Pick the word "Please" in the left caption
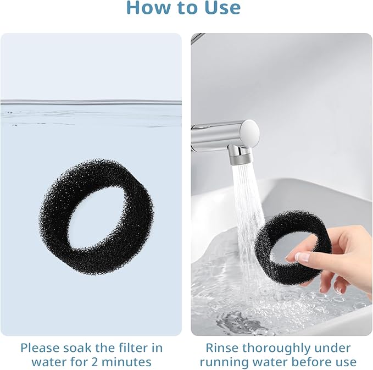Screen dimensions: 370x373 pos(40,348)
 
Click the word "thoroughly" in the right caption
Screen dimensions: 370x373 pos(279,349)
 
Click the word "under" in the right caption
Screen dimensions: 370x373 pos(333,348)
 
